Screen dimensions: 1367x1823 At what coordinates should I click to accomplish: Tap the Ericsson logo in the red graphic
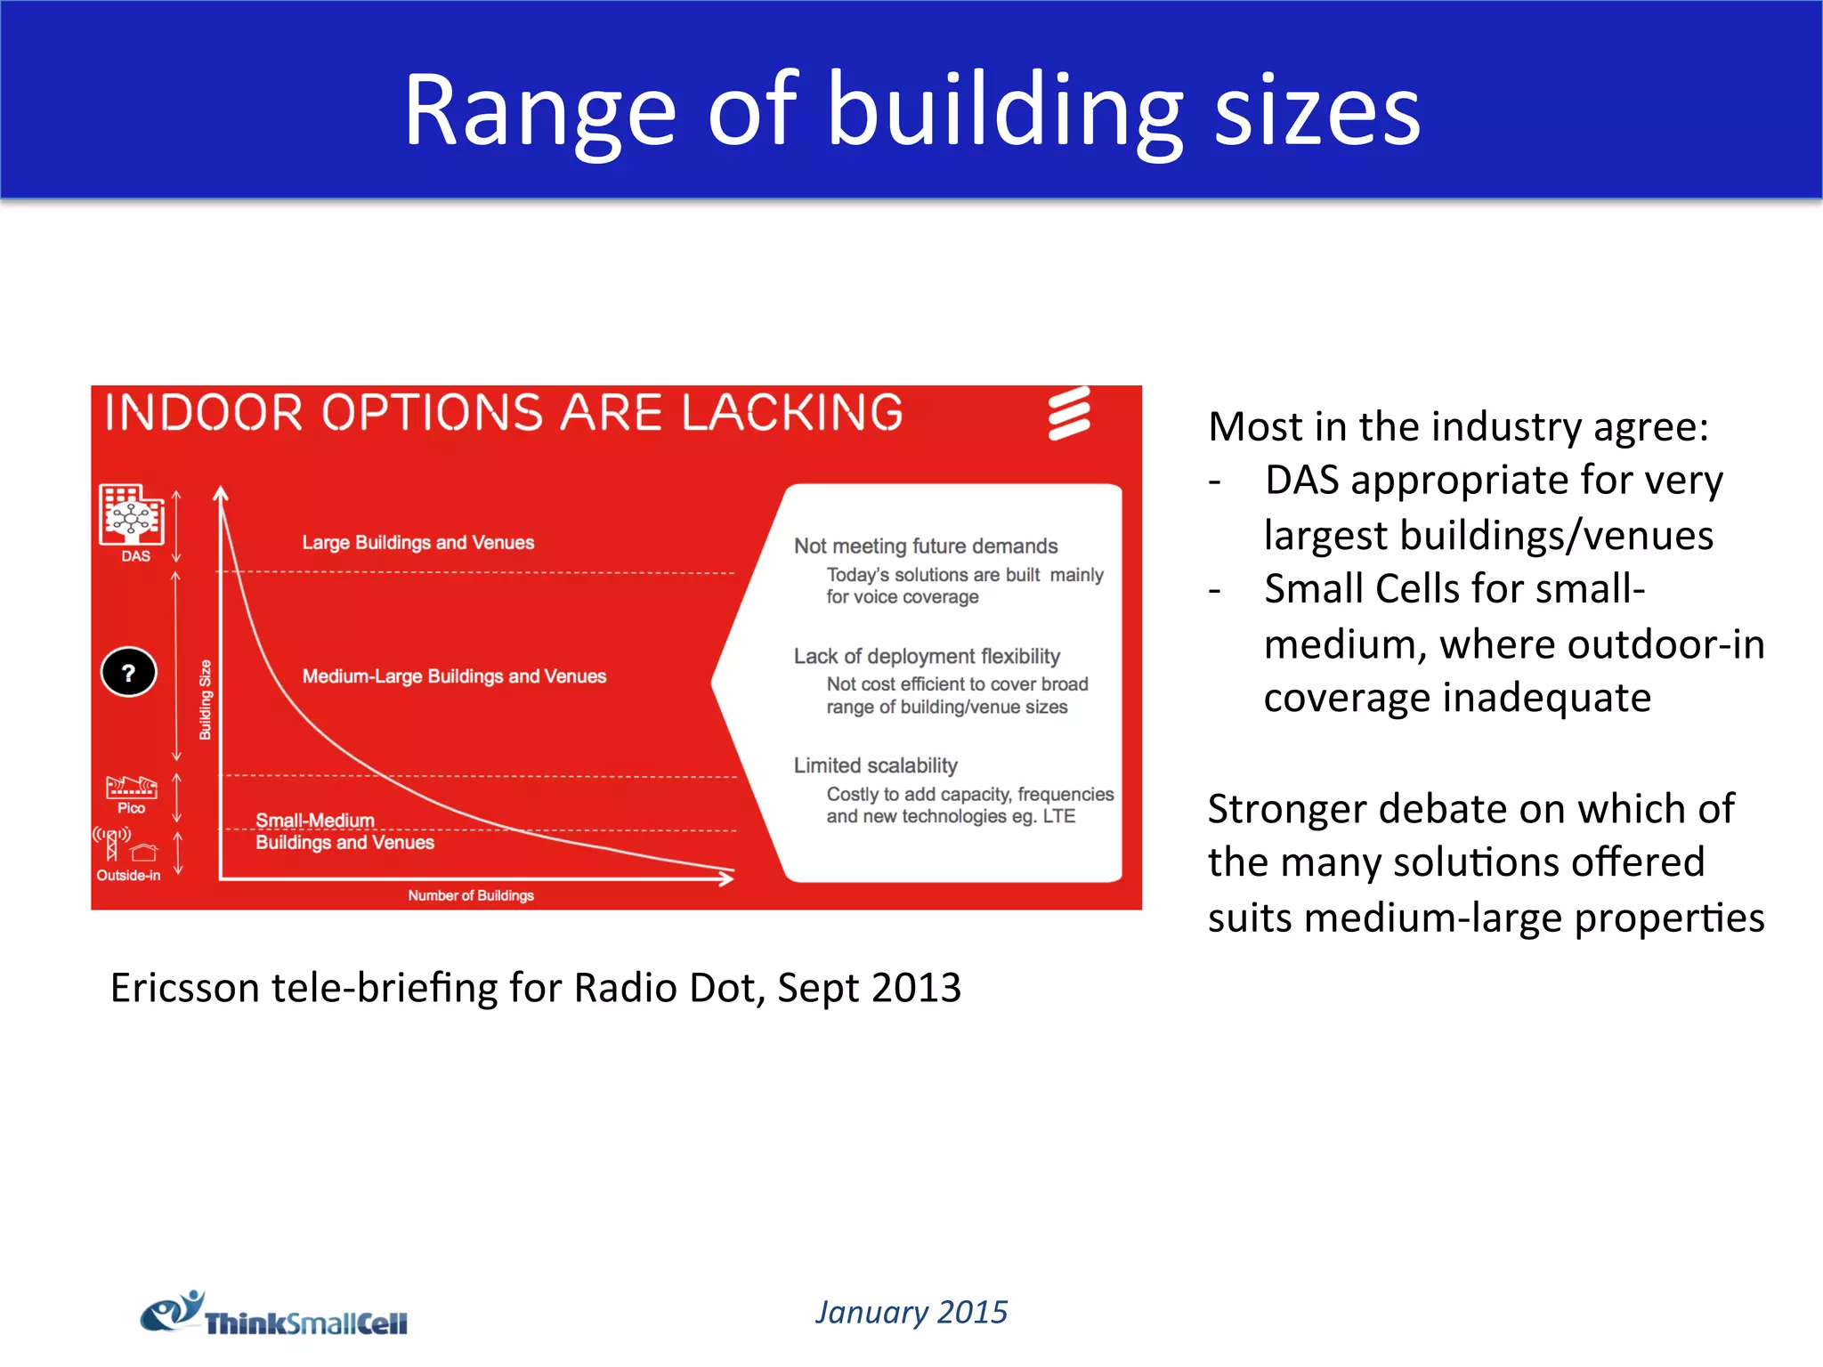pyautogui.click(x=1068, y=413)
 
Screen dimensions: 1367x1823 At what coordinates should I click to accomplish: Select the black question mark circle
pyautogui.click(x=129, y=672)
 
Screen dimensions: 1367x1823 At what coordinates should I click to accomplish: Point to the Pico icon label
pyautogui.click(x=131, y=807)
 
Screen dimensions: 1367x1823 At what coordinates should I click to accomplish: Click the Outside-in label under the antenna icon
pyautogui.click(x=128, y=875)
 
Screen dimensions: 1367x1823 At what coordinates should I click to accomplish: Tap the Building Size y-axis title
pyautogui.click(x=205, y=700)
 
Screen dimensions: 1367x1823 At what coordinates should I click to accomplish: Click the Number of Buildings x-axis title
pyautogui.click(x=471, y=895)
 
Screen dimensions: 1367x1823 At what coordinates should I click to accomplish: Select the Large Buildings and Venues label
pyautogui.click(x=417, y=542)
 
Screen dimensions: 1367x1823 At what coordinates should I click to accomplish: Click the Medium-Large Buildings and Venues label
pyautogui.click(x=454, y=676)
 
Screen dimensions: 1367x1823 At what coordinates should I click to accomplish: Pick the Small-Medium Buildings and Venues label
pyautogui.click(x=344, y=831)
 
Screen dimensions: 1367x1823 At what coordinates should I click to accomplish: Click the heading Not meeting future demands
pyautogui.click(x=926, y=546)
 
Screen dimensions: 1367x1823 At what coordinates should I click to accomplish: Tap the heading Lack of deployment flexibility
pyautogui.click(x=927, y=656)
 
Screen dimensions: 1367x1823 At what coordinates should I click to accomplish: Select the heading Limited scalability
pyautogui.click(x=875, y=765)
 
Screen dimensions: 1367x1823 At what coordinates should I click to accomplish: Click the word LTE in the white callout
pyautogui.click(x=1058, y=816)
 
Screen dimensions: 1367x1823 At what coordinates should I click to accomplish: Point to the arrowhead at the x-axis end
pyautogui.click(x=726, y=878)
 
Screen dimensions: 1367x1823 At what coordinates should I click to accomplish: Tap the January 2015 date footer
pyautogui.click(x=911, y=1312)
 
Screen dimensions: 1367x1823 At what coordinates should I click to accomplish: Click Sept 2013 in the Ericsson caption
pyautogui.click(x=869, y=988)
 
